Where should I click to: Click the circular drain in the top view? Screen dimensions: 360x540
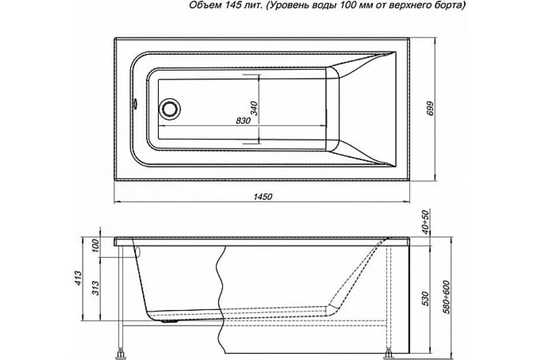(170, 109)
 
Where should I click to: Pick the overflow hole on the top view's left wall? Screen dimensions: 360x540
(134, 104)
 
